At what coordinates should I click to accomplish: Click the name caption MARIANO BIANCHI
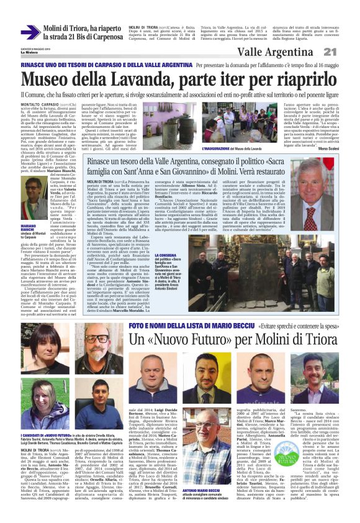(x=30, y=229)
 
